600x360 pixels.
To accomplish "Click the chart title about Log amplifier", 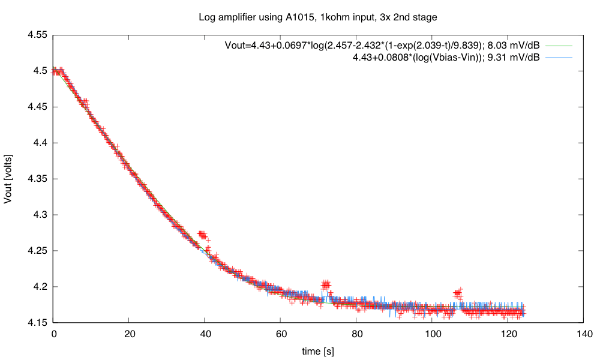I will tap(317, 17).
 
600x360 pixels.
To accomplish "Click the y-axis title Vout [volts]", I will tap(8, 179).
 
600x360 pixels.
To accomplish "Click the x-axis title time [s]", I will tap(317, 350).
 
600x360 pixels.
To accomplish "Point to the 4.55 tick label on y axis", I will tap(38, 35).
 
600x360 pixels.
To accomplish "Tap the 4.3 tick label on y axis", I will tap(40, 215).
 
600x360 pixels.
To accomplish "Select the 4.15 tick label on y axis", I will tap(38, 323).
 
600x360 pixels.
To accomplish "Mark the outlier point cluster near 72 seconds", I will tap(326, 284).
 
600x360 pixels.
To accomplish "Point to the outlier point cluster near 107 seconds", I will tap(458, 293).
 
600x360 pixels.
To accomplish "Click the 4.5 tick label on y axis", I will tap(40, 71).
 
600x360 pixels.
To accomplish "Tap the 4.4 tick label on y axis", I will tap(40, 143).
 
